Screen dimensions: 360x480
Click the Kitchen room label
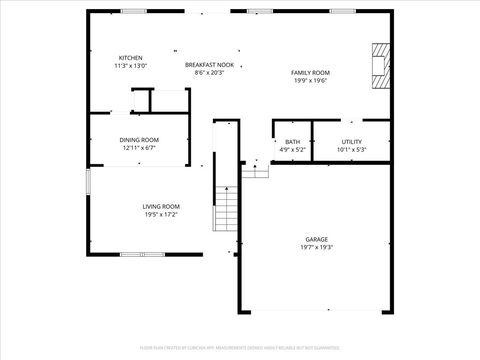pyautogui.click(x=131, y=58)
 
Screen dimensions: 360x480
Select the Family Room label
pyautogui.click(x=310, y=73)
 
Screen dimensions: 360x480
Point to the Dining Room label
pyautogui.click(x=140, y=140)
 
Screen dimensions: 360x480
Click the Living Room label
pyautogui.click(x=160, y=206)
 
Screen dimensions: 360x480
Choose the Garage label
pyautogui.click(x=317, y=240)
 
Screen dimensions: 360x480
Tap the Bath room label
pyautogui.click(x=292, y=142)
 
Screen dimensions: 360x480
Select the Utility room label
pyautogui.click(x=351, y=142)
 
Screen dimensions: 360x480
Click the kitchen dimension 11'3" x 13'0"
pyautogui.click(x=131, y=66)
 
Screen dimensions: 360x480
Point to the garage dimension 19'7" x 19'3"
pyautogui.click(x=317, y=248)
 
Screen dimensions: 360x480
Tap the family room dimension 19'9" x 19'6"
pyautogui.click(x=310, y=81)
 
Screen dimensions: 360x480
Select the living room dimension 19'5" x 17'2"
pyautogui.click(x=160, y=214)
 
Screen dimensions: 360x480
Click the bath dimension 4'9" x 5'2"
pyautogui.click(x=292, y=150)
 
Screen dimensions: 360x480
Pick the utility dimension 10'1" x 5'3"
pyautogui.click(x=351, y=150)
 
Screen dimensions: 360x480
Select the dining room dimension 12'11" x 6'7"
pyautogui.click(x=140, y=148)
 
